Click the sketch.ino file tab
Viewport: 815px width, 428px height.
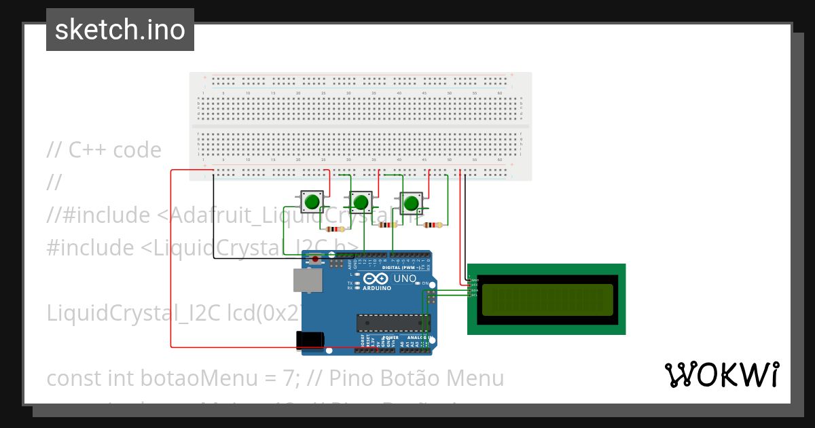tap(120, 30)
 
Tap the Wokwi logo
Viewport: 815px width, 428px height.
tap(722, 375)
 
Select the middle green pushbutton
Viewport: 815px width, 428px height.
tap(361, 202)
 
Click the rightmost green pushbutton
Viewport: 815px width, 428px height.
tap(410, 202)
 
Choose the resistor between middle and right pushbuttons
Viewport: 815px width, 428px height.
tap(388, 225)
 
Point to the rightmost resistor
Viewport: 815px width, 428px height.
tap(433, 225)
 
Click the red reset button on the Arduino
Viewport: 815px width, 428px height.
tap(316, 259)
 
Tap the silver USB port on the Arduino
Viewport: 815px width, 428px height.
tap(308, 280)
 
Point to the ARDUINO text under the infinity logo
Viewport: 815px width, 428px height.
tap(377, 288)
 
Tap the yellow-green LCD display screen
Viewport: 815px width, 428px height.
tap(547, 300)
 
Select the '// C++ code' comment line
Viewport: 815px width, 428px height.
tap(104, 150)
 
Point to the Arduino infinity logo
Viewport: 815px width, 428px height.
tap(377, 279)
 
